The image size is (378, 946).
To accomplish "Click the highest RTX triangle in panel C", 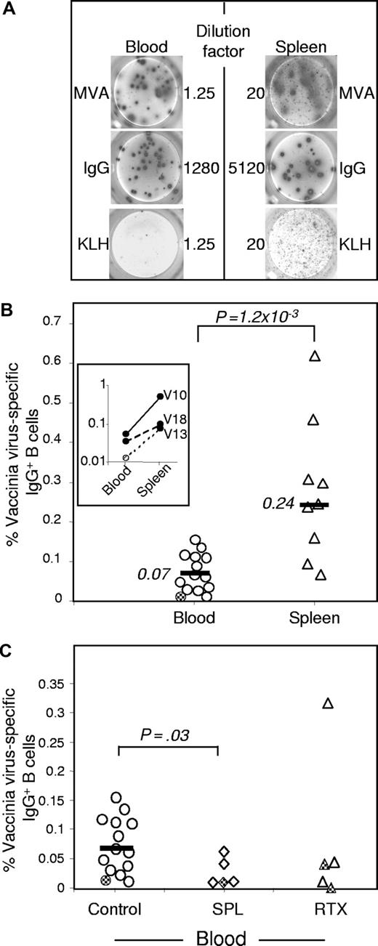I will (x=328, y=703).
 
